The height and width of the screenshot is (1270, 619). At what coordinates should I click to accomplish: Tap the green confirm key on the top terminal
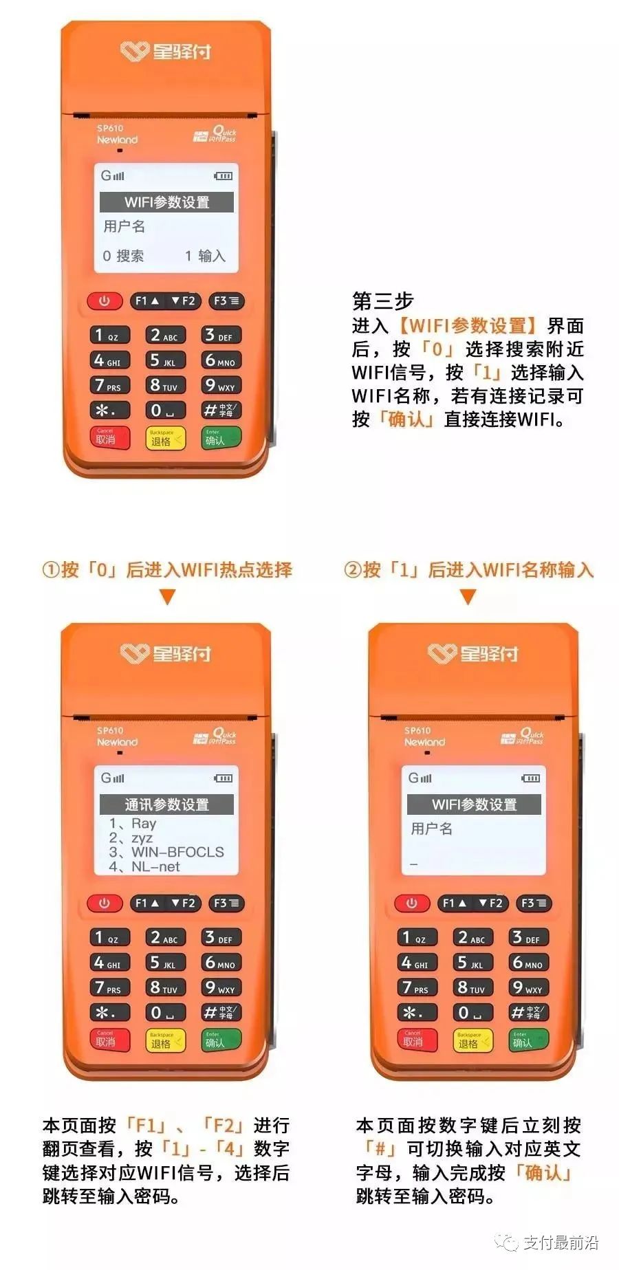click(x=220, y=438)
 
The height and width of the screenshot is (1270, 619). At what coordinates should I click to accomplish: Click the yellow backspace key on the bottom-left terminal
click(x=165, y=1040)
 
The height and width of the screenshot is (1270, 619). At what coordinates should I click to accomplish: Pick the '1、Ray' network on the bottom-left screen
click(x=133, y=823)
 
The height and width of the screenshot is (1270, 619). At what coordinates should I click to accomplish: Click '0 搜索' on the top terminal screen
click(x=123, y=256)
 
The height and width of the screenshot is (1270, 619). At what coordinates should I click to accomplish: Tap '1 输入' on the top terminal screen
click(x=205, y=256)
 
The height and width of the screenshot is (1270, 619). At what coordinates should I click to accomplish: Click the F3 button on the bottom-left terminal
click(x=226, y=903)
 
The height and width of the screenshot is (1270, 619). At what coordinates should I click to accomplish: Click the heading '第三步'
click(x=382, y=301)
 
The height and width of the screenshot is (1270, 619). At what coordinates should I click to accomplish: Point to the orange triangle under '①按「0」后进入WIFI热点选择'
click(x=167, y=597)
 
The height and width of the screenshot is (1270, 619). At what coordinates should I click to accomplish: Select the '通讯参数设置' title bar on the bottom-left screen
click(x=166, y=804)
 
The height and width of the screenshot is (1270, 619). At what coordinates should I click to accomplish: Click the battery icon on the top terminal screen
click(x=223, y=176)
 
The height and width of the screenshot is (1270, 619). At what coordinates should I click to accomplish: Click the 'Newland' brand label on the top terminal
click(x=117, y=140)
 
